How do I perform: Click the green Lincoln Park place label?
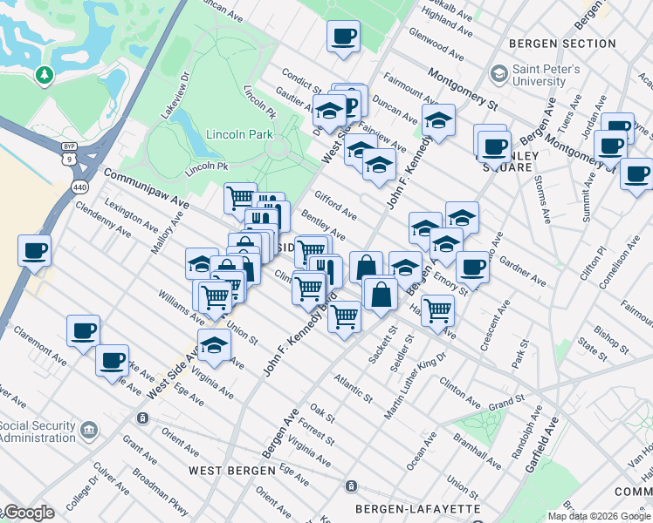[x=239, y=134]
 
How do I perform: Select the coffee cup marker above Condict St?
[x=343, y=37]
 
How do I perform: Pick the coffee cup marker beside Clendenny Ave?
[x=35, y=251]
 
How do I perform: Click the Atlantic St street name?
[x=352, y=385]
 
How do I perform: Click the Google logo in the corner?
[x=28, y=513]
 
